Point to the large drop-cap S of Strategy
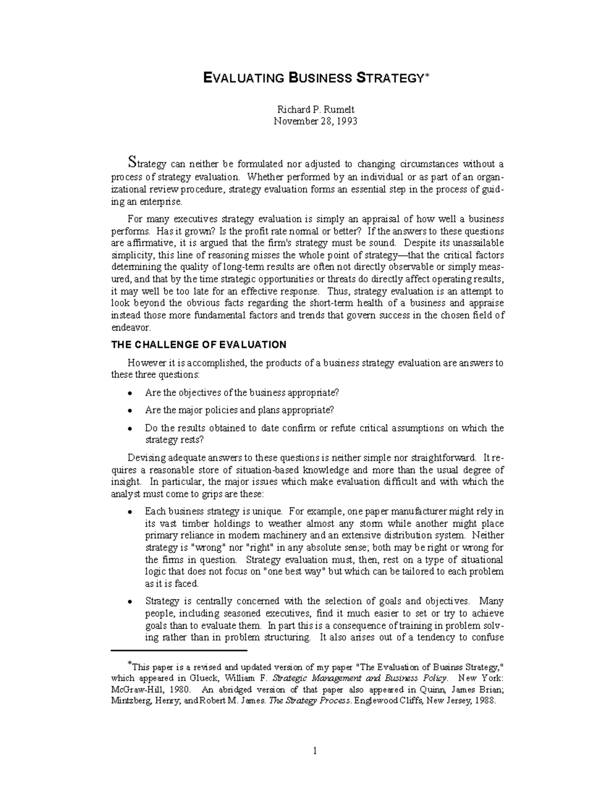(x=132, y=162)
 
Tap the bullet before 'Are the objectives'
(x=131, y=393)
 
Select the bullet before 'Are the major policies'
(x=131, y=411)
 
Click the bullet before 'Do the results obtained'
(x=131, y=428)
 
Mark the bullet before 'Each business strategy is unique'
(x=131, y=512)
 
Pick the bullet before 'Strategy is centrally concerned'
(x=131, y=602)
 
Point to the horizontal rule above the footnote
(x=179, y=650)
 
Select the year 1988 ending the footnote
(x=485, y=702)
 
